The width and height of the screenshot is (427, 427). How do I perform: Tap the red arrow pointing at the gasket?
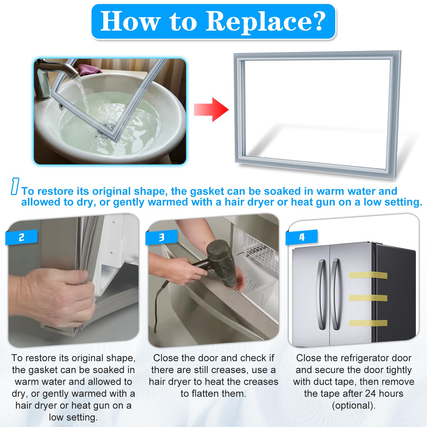pos(211,109)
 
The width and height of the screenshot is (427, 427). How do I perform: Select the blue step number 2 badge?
pos(21,237)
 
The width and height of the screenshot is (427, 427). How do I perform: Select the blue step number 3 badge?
pos(161,237)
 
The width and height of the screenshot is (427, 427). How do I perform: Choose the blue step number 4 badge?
pos(302,237)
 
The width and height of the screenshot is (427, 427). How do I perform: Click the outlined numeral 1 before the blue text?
pos(15,186)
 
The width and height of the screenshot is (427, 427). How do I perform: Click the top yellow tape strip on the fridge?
pos(368,275)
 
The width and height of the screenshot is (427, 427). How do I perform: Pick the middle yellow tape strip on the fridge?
pos(368,298)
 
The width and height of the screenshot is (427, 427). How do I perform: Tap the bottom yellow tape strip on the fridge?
pos(368,323)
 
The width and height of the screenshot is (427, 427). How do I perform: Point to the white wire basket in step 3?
pos(261,251)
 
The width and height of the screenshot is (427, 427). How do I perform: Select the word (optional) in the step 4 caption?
pos(354,406)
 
